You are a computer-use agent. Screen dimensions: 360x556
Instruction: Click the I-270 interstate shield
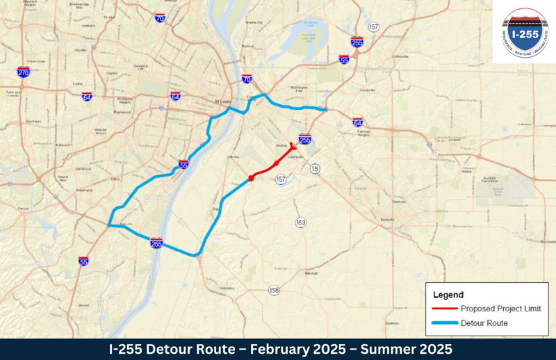pyautogui.click(x=24, y=72)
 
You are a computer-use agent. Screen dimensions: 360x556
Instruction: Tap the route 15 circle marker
pyautogui.click(x=315, y=169)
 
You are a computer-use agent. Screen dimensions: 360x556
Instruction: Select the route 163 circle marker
pyautogui.click(x=300, y=222)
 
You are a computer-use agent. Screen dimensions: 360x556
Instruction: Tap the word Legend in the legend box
pyautogui.click(x=448, y=295)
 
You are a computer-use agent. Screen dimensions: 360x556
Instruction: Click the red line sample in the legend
pyautogui.click(x=443, y=309)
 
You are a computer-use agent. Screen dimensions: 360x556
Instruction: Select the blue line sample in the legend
pyautogui.click(x=443, y=322)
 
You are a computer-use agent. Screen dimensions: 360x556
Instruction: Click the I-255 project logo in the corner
pyautogui.click(x=524, y=32)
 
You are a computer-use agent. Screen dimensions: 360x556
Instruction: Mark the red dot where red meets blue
pyautogui.click(x=251, y=179)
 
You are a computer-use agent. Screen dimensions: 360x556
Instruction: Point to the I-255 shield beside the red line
pyautogui.click(x=304, y=140)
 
